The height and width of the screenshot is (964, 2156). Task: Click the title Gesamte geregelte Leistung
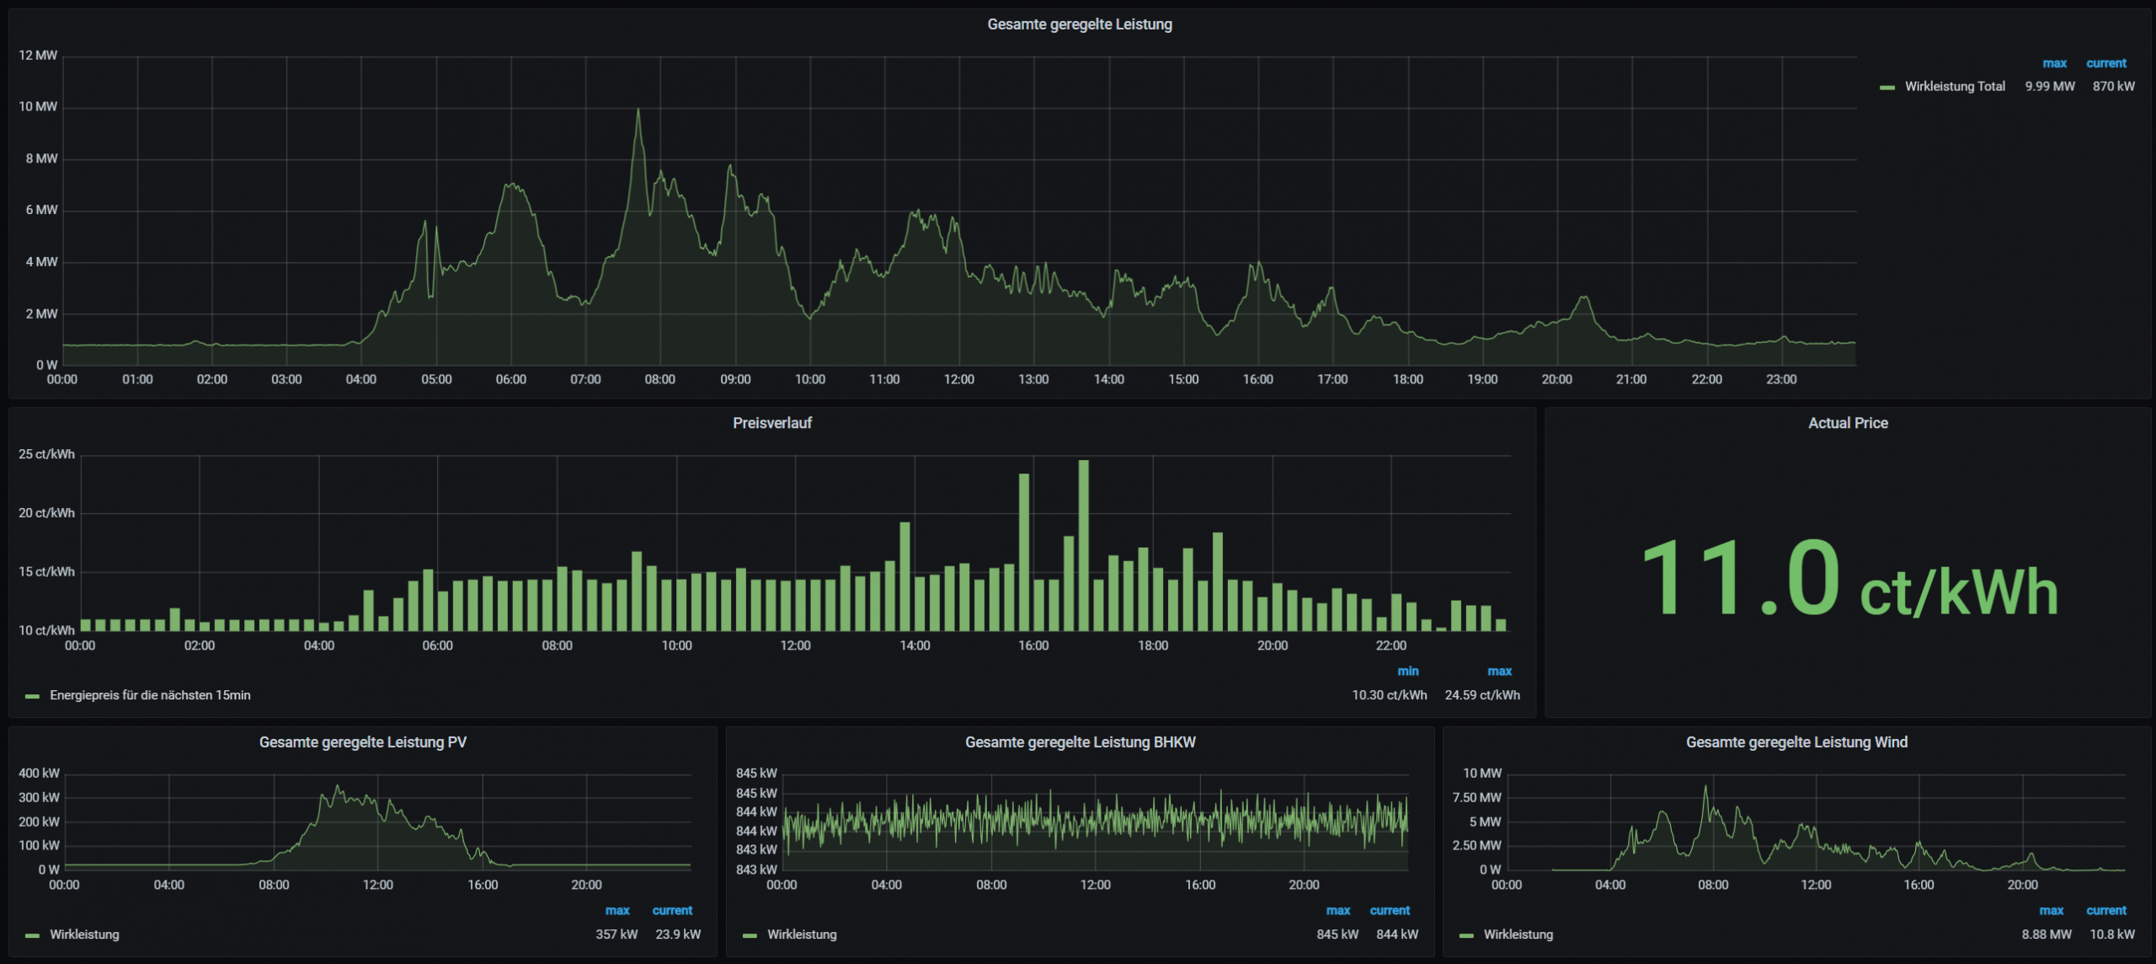click(1079, 24)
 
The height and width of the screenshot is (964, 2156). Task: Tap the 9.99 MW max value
click(2049, 86)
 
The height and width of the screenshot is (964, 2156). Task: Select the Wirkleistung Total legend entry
click(1954, 86)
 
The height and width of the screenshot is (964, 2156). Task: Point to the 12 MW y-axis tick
click(38, 56)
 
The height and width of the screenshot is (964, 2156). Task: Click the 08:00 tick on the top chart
click(659, 379)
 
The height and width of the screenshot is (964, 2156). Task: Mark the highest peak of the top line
click(638, 110)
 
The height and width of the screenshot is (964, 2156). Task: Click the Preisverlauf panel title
click(771, 423)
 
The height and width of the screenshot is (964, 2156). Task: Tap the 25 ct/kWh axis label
click(46, 454)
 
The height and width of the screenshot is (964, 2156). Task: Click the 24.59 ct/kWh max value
click(1481, 695)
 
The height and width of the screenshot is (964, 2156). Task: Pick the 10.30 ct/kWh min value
click(1389, 695)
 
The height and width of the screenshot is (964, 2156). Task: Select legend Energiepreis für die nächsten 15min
click(150, 695)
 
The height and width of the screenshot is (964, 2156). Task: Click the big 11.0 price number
click(1740, 580)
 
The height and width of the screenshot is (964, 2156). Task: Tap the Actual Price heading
click(1847, 423)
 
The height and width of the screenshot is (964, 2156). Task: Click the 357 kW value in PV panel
click(616, 935)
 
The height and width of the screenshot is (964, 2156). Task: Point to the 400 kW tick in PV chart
click(39, 773)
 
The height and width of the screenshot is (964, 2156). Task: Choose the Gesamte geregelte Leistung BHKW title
click(1080, 742)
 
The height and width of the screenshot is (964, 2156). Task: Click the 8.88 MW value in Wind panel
click(2046, 935)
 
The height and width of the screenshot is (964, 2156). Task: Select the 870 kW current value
click(2113, 86)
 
